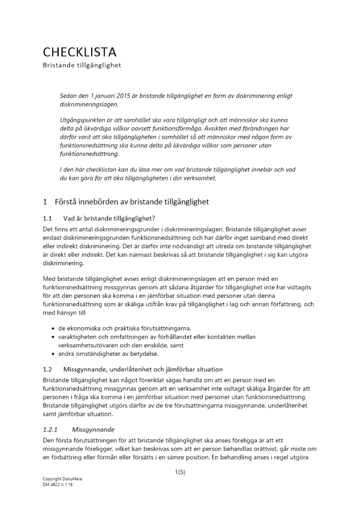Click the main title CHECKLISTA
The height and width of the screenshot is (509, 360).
[x=79, y=52]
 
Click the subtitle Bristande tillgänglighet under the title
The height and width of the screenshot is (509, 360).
[x=81, y=66]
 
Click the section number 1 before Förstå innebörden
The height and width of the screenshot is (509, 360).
[x=45, y=202]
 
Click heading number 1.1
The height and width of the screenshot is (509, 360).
[x=48, y=218]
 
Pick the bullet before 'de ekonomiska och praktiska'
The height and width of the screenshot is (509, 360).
[x=53, y=328]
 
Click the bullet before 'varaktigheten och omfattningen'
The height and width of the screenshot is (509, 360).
[x=53, y=337]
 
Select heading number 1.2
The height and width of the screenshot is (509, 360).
[x=48, y=369]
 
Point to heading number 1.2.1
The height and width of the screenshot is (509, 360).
[x=51, y=429]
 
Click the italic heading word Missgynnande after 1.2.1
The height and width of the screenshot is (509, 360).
[x=93, y=429]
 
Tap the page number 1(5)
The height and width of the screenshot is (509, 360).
[x=180, y=472]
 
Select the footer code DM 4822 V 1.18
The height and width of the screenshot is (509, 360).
[x=57, y=485]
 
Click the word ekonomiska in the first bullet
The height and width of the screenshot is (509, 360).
[x=83, y=328]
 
